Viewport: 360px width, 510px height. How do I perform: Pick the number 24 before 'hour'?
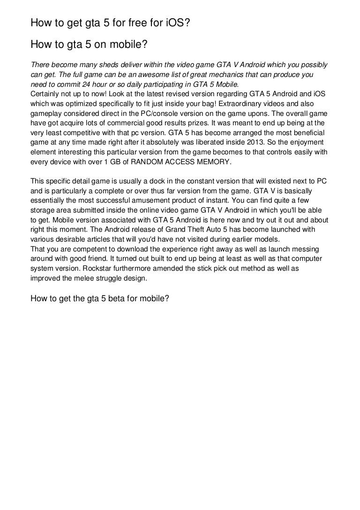[85, 85]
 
